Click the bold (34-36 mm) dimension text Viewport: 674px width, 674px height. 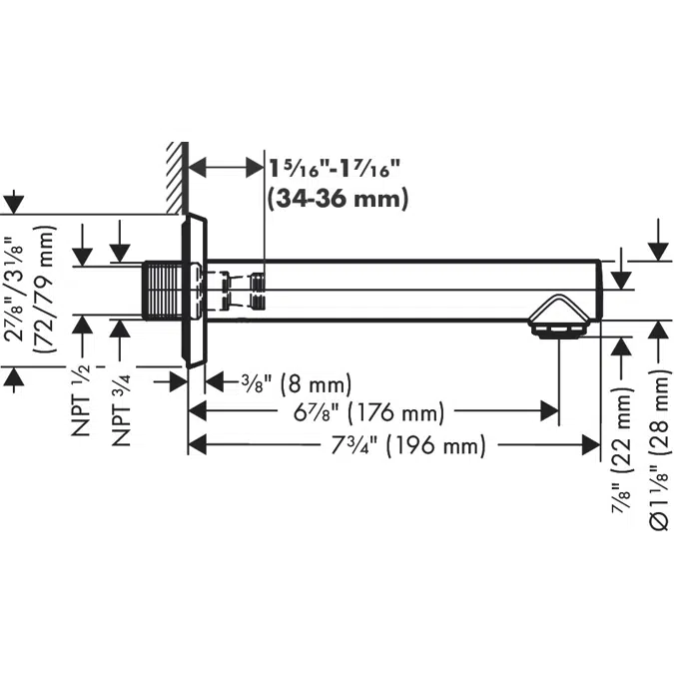337,199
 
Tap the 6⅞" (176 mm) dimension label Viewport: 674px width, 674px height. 368,412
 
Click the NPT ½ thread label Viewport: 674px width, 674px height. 81,399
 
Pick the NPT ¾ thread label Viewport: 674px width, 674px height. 121,409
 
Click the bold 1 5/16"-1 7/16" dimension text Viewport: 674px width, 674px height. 335,169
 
